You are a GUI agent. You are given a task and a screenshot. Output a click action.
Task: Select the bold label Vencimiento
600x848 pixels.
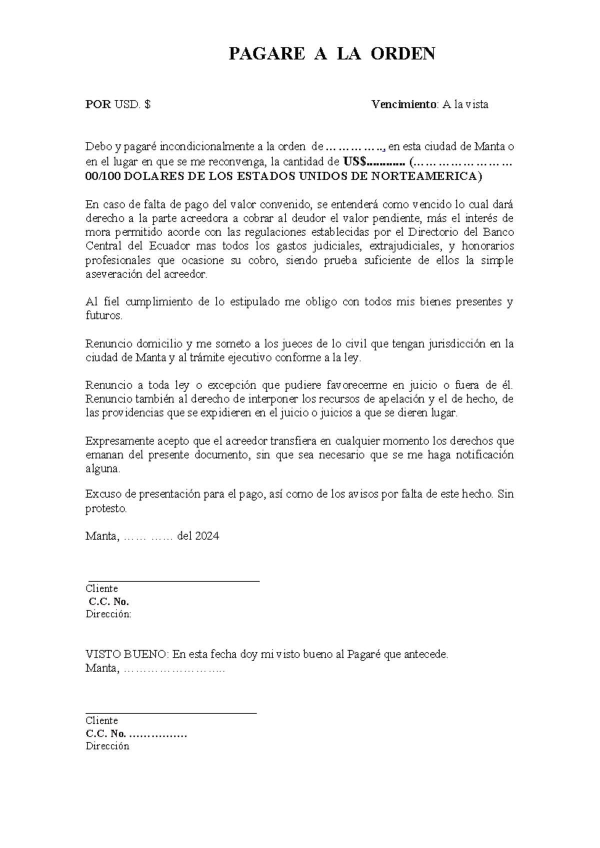coord(404,104)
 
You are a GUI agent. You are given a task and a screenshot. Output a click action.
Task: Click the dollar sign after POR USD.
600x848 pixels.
coord(147,104)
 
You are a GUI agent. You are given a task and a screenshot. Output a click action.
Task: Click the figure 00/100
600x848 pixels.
coord(103,176)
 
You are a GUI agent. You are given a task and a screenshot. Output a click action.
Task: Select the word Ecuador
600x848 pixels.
coord(169,246)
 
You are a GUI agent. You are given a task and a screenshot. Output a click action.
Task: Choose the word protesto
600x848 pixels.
coord(106,508)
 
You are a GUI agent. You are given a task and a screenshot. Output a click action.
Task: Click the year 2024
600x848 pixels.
coord(206,536)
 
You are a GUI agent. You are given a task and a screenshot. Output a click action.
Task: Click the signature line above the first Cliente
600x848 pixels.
coord(173,581)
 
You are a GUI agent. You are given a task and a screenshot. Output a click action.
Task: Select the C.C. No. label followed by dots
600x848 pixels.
coord(136,734)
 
